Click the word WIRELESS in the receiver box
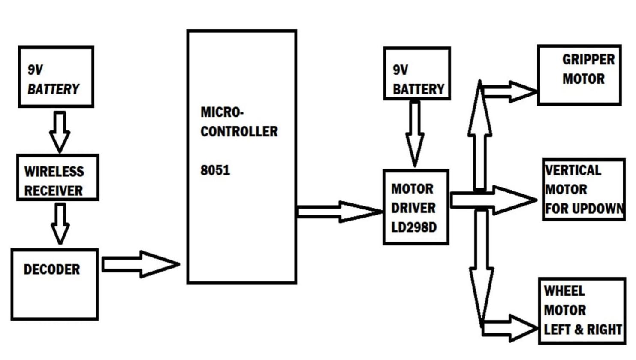pos(54,172)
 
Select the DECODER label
pos(51,269)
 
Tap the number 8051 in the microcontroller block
pos(215,170)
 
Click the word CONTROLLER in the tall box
pos(239,131)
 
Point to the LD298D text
pos(414,227)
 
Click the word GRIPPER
pos(588,59)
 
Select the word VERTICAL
pos(573,170)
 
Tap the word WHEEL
pos(564,291)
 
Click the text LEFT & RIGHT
pos(583,330)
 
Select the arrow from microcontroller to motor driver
pos(339,212)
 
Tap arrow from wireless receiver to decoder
pos(60,224)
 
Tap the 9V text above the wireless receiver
pos(35,70)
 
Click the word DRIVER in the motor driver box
pos(413,208)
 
